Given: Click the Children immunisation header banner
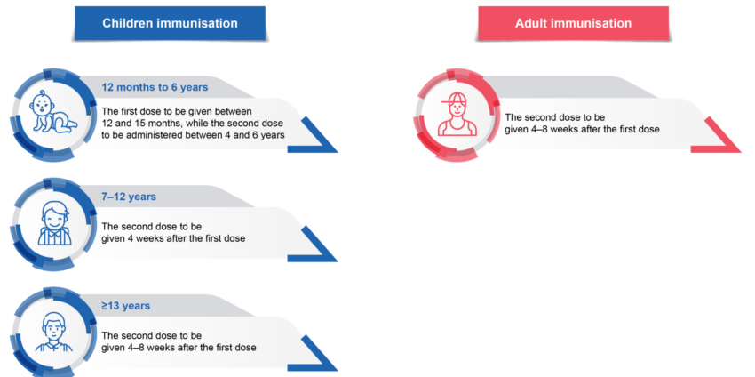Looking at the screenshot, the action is (x=170, y=23).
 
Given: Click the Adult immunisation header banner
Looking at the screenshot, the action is (x=573, y=23).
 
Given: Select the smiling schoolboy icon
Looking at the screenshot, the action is (x=54, y=223).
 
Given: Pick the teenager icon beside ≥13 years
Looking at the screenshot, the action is (x=54, y=333).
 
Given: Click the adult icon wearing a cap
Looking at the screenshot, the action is (x=457, y=115).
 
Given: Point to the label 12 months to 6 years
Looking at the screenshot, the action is (x=155, y=87).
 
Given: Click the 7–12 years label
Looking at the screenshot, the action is (x=129, y=197).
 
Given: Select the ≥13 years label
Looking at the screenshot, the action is (x=125, y=306).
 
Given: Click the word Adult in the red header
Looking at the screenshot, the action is (x=530, y=23).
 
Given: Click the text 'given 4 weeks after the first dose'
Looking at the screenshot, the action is (x=173, y=238).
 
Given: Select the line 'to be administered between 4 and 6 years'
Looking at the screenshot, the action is (x=193, y=135).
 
